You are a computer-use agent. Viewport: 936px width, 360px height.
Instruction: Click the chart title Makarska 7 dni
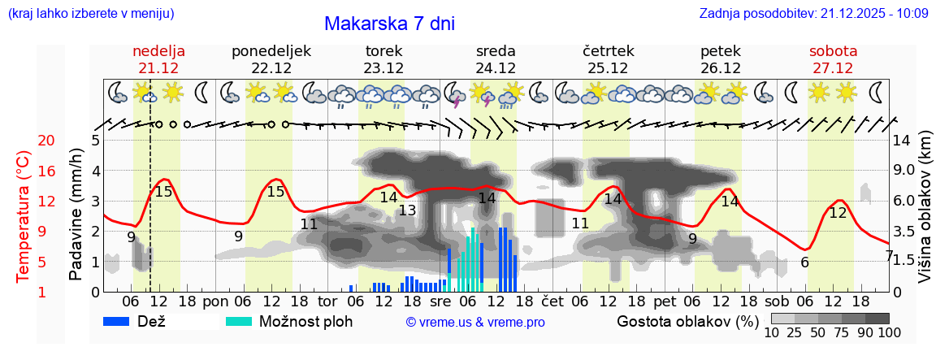click(x=389, y=24)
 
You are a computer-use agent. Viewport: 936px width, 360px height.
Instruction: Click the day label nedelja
click(x=159, y=51)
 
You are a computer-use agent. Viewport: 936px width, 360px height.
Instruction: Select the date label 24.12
click(x=496, y=68)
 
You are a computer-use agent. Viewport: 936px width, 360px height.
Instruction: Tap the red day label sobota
click(x=833, y=51)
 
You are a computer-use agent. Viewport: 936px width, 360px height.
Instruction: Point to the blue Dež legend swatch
click(x=122, y=321)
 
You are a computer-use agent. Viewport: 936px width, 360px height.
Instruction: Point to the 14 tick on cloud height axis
click(x=902, y=141)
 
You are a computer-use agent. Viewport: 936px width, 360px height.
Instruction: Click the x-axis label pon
click(x=215, y=301)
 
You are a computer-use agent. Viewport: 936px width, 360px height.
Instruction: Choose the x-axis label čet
click(x=552, y=301)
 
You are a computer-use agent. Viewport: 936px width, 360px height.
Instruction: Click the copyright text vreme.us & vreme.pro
click(x=475, y=322)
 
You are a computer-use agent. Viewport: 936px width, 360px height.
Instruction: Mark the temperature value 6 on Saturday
click(x=804, y=262)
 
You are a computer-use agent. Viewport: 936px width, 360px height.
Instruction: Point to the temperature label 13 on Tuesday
click(x=406, y=211)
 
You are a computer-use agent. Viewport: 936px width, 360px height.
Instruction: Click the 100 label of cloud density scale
click(x=878, y=332)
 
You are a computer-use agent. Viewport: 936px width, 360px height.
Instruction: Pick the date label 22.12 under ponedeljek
click(x=271, y=68)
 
